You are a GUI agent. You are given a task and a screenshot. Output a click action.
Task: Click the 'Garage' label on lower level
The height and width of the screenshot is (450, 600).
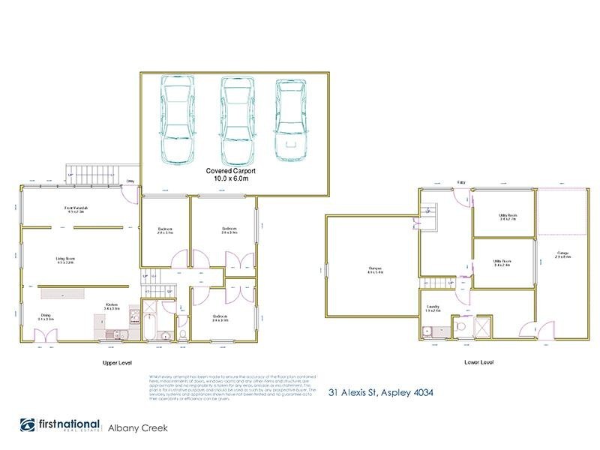(x=563, y=254)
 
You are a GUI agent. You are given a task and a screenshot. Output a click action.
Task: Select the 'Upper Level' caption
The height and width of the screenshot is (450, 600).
(x=116, y=362)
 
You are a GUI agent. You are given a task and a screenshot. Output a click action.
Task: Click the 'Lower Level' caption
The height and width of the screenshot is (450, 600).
(x=478, y=362)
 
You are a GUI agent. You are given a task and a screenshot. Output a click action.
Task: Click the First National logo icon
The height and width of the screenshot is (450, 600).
(x=28, y=425)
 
